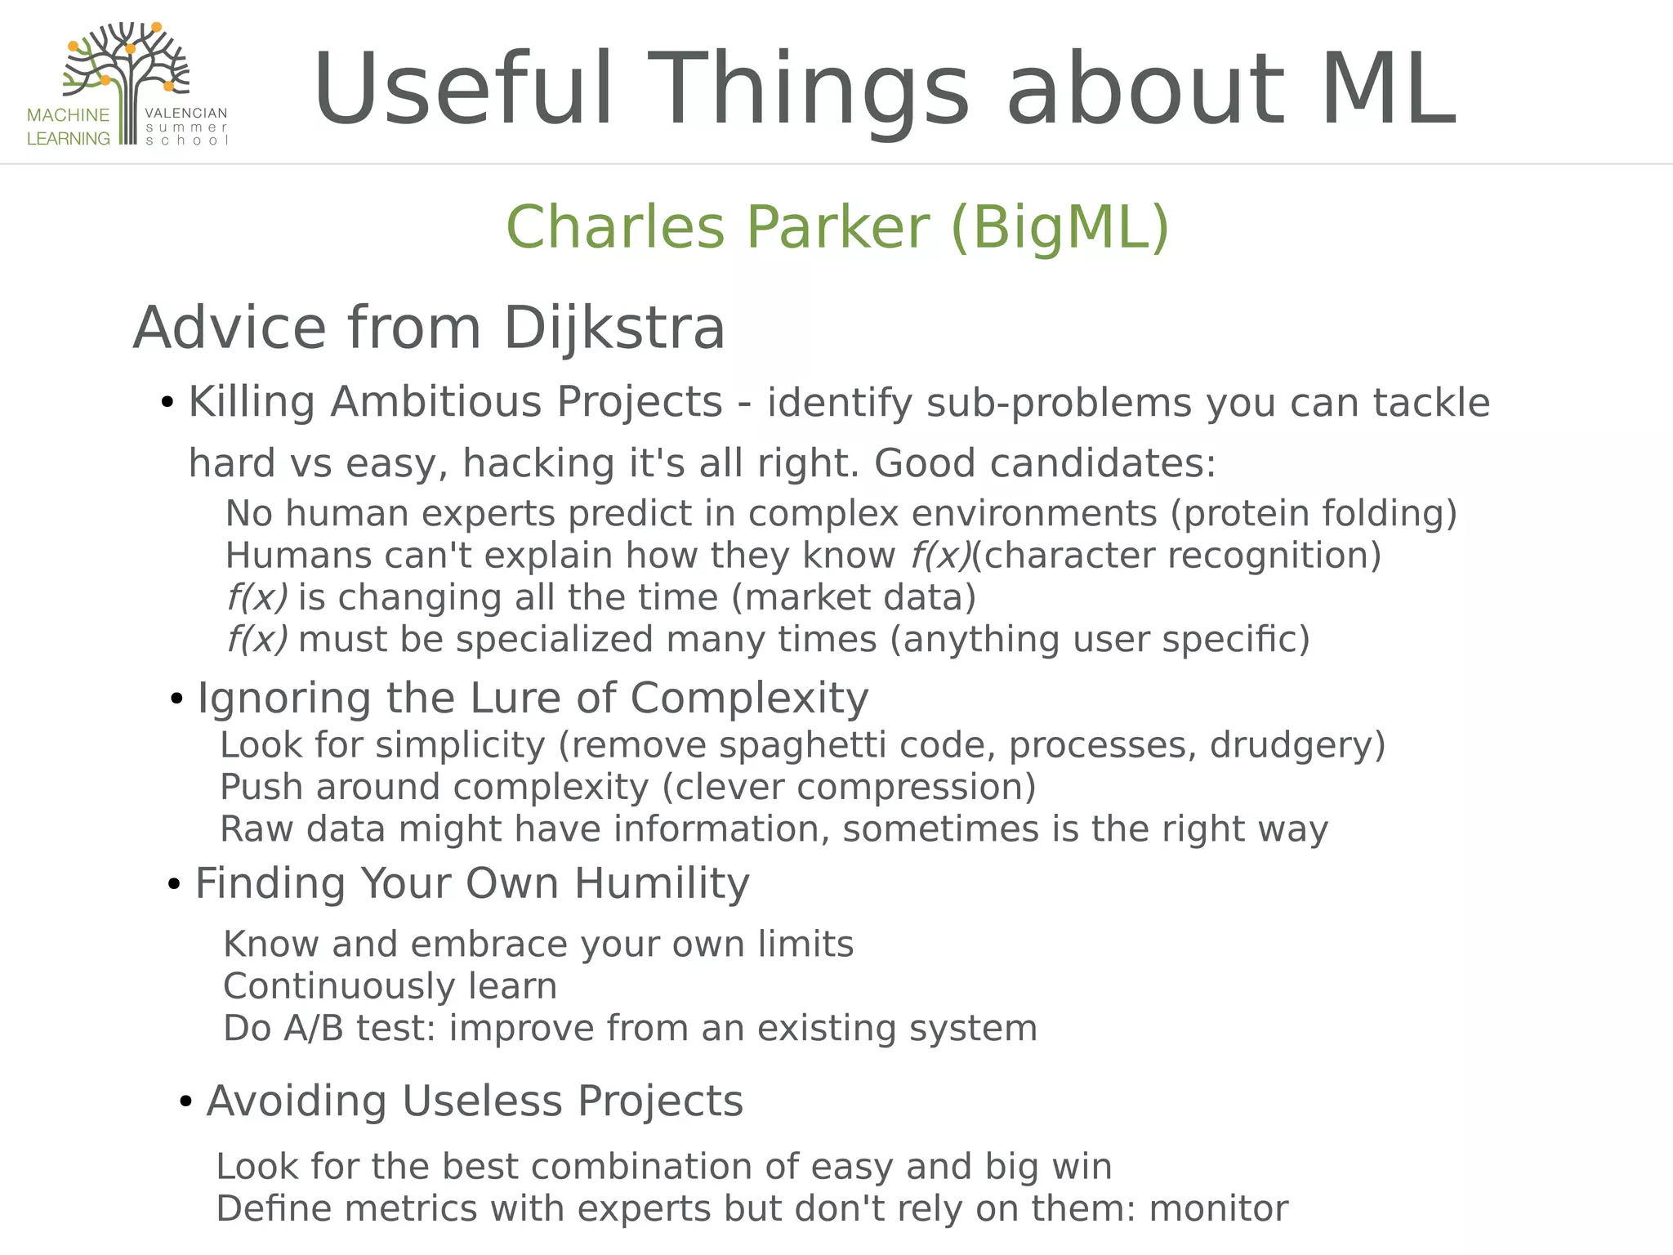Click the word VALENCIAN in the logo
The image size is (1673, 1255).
click(x=185, y=114)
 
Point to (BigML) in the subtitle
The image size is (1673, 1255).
click(x=1060, y=226)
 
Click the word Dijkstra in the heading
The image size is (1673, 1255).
click(x=614, y=328)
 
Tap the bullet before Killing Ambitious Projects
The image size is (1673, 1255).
click(x=167, y=402)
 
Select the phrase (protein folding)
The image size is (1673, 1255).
click(x=1314, y=513)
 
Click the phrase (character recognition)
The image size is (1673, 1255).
click(x=1176, y=556)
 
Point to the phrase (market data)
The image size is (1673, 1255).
click(x=854, y=597)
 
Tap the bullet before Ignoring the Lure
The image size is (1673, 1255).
click(x=176, y=699)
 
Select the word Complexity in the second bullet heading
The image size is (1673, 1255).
click(x=749, y=699)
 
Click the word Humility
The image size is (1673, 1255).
click(x=662, y=883)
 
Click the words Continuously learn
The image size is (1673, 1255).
click(x=390, y=986)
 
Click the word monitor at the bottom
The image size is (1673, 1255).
click(x=1219, y=1208)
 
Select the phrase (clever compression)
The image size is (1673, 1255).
click(x=849, y=787)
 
